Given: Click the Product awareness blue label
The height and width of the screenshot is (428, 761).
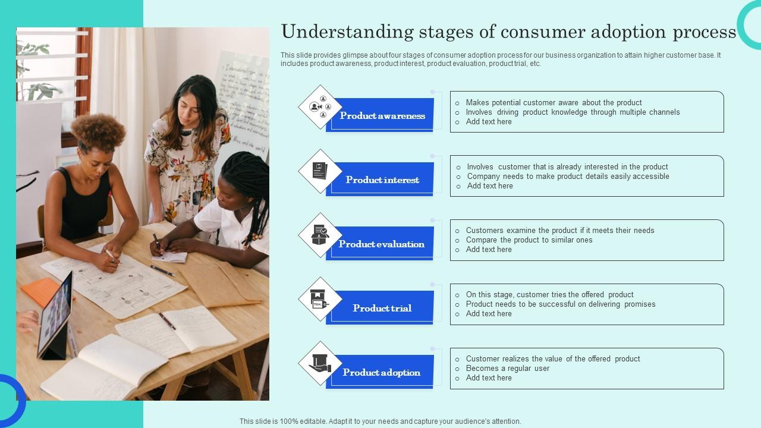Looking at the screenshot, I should [382, 116].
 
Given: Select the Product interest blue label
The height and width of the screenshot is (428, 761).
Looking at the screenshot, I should [382, 180].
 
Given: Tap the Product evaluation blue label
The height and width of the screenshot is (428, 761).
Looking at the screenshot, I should [382, 244].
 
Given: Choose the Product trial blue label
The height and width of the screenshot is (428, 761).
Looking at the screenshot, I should [382, 309].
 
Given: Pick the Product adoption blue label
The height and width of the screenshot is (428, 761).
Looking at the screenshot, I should [382, 373].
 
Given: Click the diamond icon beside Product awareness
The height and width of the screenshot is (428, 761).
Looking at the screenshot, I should [320, 107].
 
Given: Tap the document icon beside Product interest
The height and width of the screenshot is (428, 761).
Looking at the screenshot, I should [320, 171].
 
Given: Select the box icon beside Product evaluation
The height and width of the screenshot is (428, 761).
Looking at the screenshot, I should [320, 235].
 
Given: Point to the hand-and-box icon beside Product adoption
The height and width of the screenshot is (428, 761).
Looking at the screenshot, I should [320, 363].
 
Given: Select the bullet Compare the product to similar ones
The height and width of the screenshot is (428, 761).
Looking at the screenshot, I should [529, 240].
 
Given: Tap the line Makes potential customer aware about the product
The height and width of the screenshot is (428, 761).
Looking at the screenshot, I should [554, 102].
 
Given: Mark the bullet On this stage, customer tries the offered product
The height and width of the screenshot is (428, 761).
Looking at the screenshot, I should [549, 295].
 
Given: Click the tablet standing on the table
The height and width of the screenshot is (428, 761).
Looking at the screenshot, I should [55, 314].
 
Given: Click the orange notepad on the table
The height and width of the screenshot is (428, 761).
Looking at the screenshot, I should [41, 291].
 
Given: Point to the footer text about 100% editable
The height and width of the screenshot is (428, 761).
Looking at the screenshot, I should [380, 421].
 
